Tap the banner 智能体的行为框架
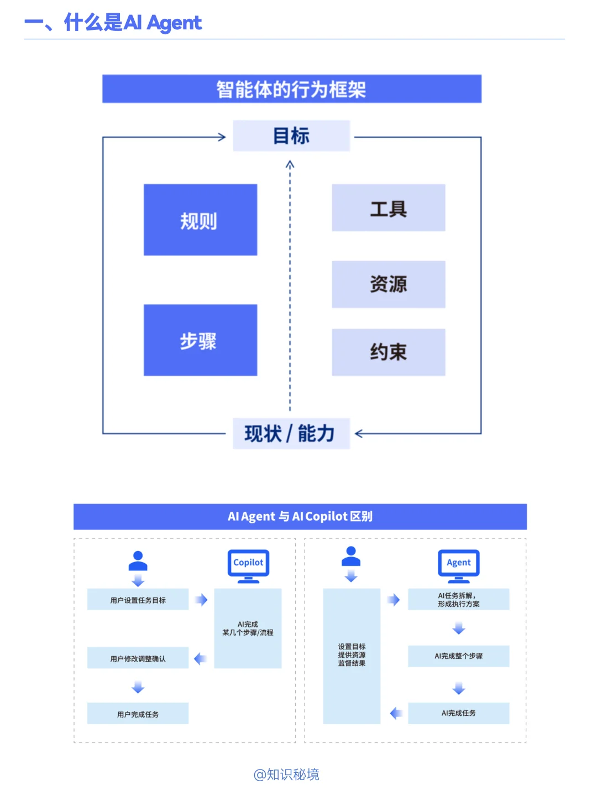tap(291, 89)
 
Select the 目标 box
tap(291, 136)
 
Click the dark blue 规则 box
tap(200, 220)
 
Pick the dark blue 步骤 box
tap(200, 340)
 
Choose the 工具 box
tap(388, 208)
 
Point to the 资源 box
tap(388, 284)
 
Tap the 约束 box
tap(388, 352)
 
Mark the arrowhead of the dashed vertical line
tap(290, 164)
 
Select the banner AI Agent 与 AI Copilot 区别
tap(300, 516)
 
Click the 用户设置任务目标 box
tap(138, 600)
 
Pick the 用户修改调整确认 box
tap(138, 658)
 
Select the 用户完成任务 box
tap(138, 714)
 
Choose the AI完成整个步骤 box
tap(458, 656)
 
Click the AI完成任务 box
tap(458, 713)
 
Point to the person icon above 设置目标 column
tap(351, 557)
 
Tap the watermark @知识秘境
tap(286, 774)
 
